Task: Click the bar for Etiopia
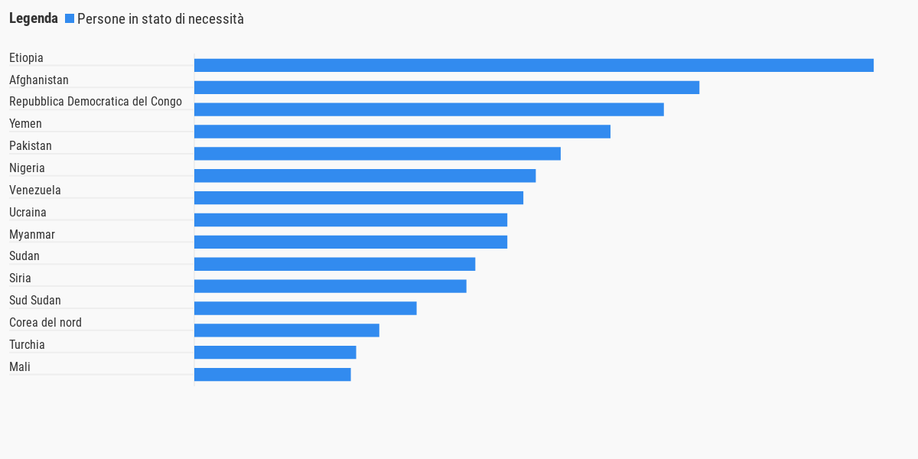(533, 66)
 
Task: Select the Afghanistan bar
(447, 88)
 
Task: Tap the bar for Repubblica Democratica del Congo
(428, 109)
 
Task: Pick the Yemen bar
(402, 132)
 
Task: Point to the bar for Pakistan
(377, 154)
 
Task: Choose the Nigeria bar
(365, 176)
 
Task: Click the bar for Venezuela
(359, 198)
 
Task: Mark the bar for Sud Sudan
(305, 308)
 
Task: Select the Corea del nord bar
(287, 330)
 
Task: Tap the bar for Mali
(272, 375)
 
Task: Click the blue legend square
(70, 18)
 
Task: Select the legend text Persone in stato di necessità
(161, 19)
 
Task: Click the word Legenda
(34, 18)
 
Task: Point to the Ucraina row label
(28, 212)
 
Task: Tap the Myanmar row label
(32, 234)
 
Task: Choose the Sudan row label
(24, 256)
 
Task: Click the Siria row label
(20, 278)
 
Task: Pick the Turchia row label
(27, 344)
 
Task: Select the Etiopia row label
(26, 57)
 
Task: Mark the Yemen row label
(25, 123)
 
